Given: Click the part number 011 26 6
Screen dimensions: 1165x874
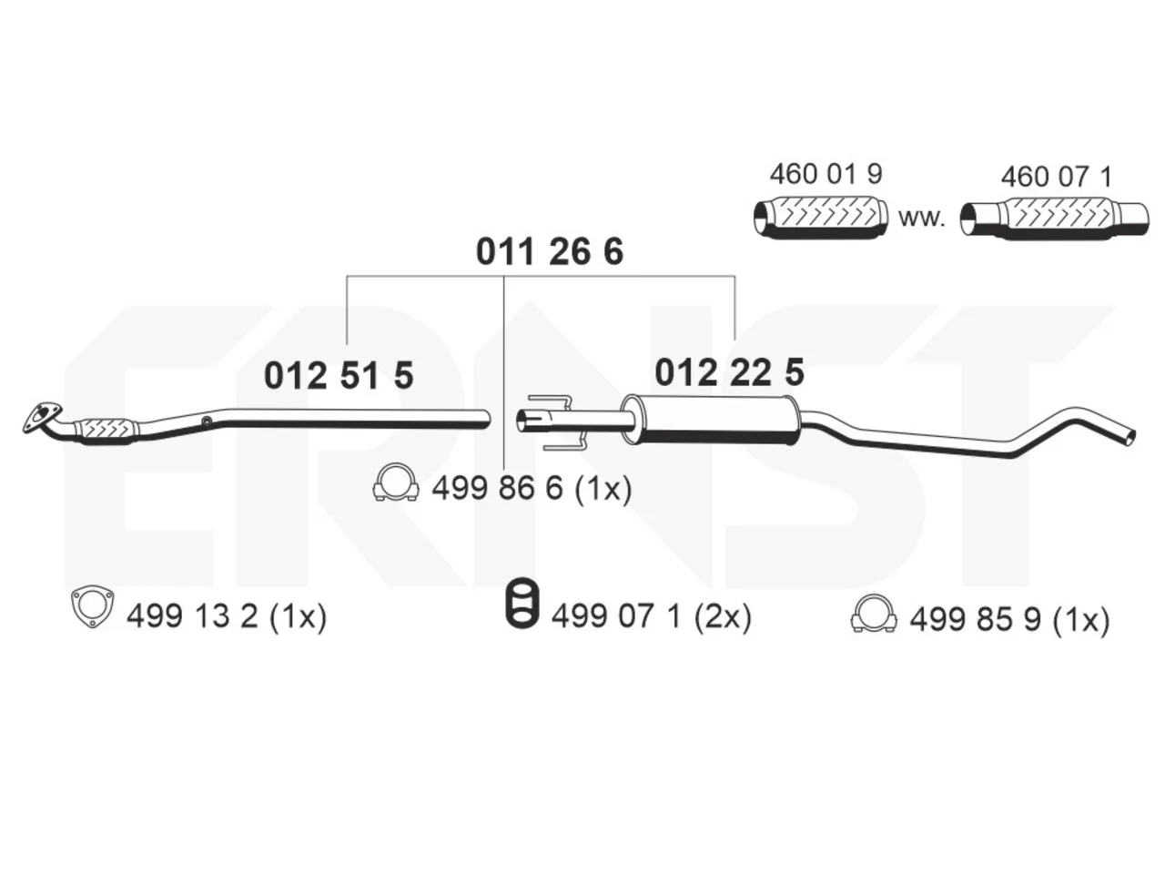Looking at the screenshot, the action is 550,251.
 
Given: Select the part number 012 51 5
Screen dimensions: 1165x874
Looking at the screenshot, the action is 338,375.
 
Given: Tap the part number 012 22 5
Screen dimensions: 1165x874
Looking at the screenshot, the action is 729,372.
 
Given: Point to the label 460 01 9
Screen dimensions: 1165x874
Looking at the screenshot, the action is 826,174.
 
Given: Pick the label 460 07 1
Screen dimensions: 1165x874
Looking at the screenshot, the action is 1056,177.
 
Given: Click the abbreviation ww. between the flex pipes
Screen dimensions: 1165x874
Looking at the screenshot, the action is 922,218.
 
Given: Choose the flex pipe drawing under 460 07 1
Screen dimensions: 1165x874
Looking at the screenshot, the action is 1054,218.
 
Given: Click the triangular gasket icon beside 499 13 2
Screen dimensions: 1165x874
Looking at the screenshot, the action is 92,607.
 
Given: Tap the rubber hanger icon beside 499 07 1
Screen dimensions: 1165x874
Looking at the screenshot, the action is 522,602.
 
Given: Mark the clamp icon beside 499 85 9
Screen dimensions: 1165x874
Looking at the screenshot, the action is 874,614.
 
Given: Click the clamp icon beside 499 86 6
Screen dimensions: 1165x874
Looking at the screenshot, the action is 396,482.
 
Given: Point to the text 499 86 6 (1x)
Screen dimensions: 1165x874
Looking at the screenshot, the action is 532,488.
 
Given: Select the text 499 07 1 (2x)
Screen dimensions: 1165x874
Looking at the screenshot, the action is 652,616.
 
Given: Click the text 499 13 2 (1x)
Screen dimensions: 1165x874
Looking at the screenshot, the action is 227,616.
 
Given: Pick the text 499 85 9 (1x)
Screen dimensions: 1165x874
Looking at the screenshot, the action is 1009,619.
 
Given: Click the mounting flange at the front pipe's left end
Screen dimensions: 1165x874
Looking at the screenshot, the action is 41,417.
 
